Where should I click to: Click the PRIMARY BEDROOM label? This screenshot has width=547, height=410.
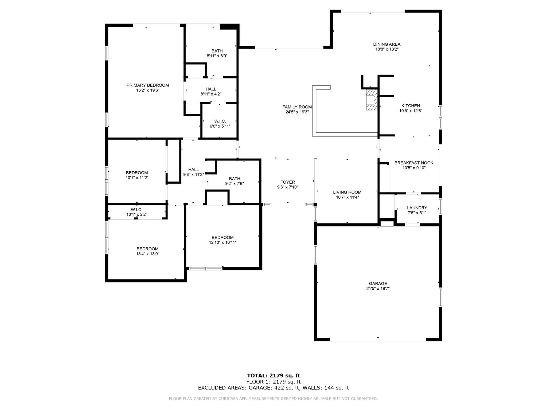(x=147, y=85)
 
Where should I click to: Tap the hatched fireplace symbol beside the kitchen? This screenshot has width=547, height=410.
(x=372, y=99)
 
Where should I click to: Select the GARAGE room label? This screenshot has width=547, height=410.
(x=378, y=283)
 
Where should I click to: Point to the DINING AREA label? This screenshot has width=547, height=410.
(x=387, y=44)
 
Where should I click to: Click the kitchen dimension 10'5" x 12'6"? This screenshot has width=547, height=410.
(x=411, y=111)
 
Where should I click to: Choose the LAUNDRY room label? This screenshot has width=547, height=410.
(x=417, y=208)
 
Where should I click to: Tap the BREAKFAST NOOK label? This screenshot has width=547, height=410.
(x=414, y=163)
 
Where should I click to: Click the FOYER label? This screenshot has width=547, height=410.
(x=288, y=182)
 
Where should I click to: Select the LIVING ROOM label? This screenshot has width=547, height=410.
(x=347, y=192)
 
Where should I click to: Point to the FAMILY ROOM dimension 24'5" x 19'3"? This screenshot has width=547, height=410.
(x=297, y=112)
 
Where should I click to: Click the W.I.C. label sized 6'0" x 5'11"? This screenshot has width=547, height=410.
(x=220, y=121)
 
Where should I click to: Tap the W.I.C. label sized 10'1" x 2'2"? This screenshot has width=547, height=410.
(x=136, y=210)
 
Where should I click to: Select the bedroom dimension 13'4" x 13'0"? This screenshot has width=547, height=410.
(x=147, y=254)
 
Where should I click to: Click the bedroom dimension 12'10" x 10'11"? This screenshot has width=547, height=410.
(x=222, y=243)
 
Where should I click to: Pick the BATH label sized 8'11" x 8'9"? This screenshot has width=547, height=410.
(x=217, y=51)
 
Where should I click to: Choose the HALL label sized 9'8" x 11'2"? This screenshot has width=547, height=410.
(x=193, y=170)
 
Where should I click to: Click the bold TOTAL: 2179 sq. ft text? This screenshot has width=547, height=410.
(x=273, y=376)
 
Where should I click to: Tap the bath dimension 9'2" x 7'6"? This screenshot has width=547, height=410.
(x=235, y=184)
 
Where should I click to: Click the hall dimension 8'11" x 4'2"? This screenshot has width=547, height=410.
(x=211, y=94)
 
